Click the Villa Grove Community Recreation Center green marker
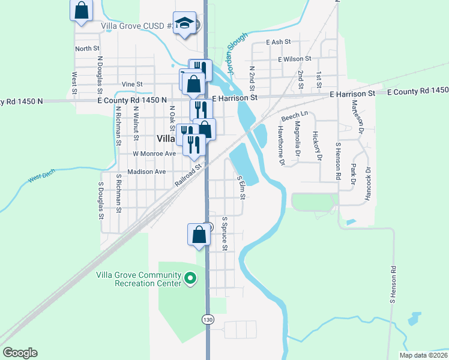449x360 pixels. pos(190,278)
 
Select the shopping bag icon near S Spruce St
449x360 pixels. pos(199,235)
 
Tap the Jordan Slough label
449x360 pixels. pos(238,58)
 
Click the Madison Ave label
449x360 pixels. pos(146,171)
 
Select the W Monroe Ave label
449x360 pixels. pos(154,153)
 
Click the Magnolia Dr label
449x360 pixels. pos(297,139)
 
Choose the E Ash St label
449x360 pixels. pos(279,42)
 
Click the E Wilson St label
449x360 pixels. pos(294,59)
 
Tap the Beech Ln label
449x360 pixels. pos(294,114)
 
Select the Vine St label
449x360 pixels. pos(131,84)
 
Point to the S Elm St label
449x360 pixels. pos(242,187)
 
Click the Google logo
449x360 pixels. pos(20,353)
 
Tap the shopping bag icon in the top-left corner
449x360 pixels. pos(82,11)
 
